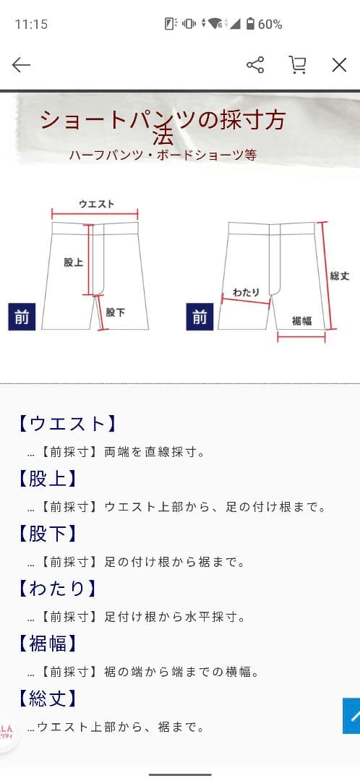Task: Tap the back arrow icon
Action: (22, 65)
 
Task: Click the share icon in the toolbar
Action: (255, 65)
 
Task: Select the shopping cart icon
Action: (297, 65)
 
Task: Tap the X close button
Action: (339, 65)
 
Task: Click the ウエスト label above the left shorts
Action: (96, 204)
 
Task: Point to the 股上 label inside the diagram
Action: (73, 263)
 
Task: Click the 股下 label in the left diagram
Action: (115, 312)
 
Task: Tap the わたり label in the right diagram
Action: (246, 292)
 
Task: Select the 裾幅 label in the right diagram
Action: (301, 320)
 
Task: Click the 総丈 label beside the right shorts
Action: (339, 276)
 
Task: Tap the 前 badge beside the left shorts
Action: (22, 317)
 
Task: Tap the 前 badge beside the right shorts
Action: (200, 317)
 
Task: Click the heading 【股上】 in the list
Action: (47, 478)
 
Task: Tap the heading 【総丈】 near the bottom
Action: (47, 698)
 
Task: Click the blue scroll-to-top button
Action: (352, 716)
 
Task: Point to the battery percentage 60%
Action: (270, 25)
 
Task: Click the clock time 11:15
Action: (31, 25)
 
